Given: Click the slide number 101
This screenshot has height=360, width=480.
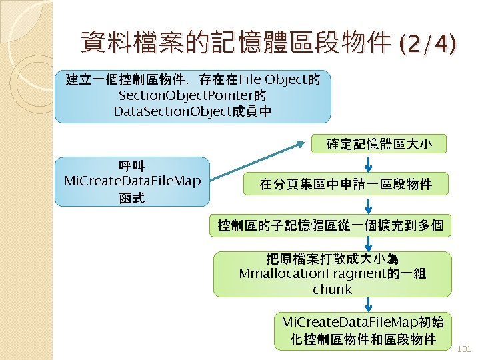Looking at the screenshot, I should [x=465, y=348].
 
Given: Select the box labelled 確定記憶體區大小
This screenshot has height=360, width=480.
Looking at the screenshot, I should [x=379, y=143].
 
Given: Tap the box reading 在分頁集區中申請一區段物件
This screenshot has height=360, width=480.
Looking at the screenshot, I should [x=345, y=184].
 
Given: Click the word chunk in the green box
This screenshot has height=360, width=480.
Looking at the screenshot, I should [x=331, y=289].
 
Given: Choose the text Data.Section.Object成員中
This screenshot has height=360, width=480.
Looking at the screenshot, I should [x=193, y=111].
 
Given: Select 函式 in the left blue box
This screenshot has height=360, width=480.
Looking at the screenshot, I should [x=132, y=197].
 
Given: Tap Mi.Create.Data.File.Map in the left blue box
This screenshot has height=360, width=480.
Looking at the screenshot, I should [x=132, y=181].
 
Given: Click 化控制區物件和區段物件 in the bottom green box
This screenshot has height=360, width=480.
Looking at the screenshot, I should [x=363, y=339].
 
